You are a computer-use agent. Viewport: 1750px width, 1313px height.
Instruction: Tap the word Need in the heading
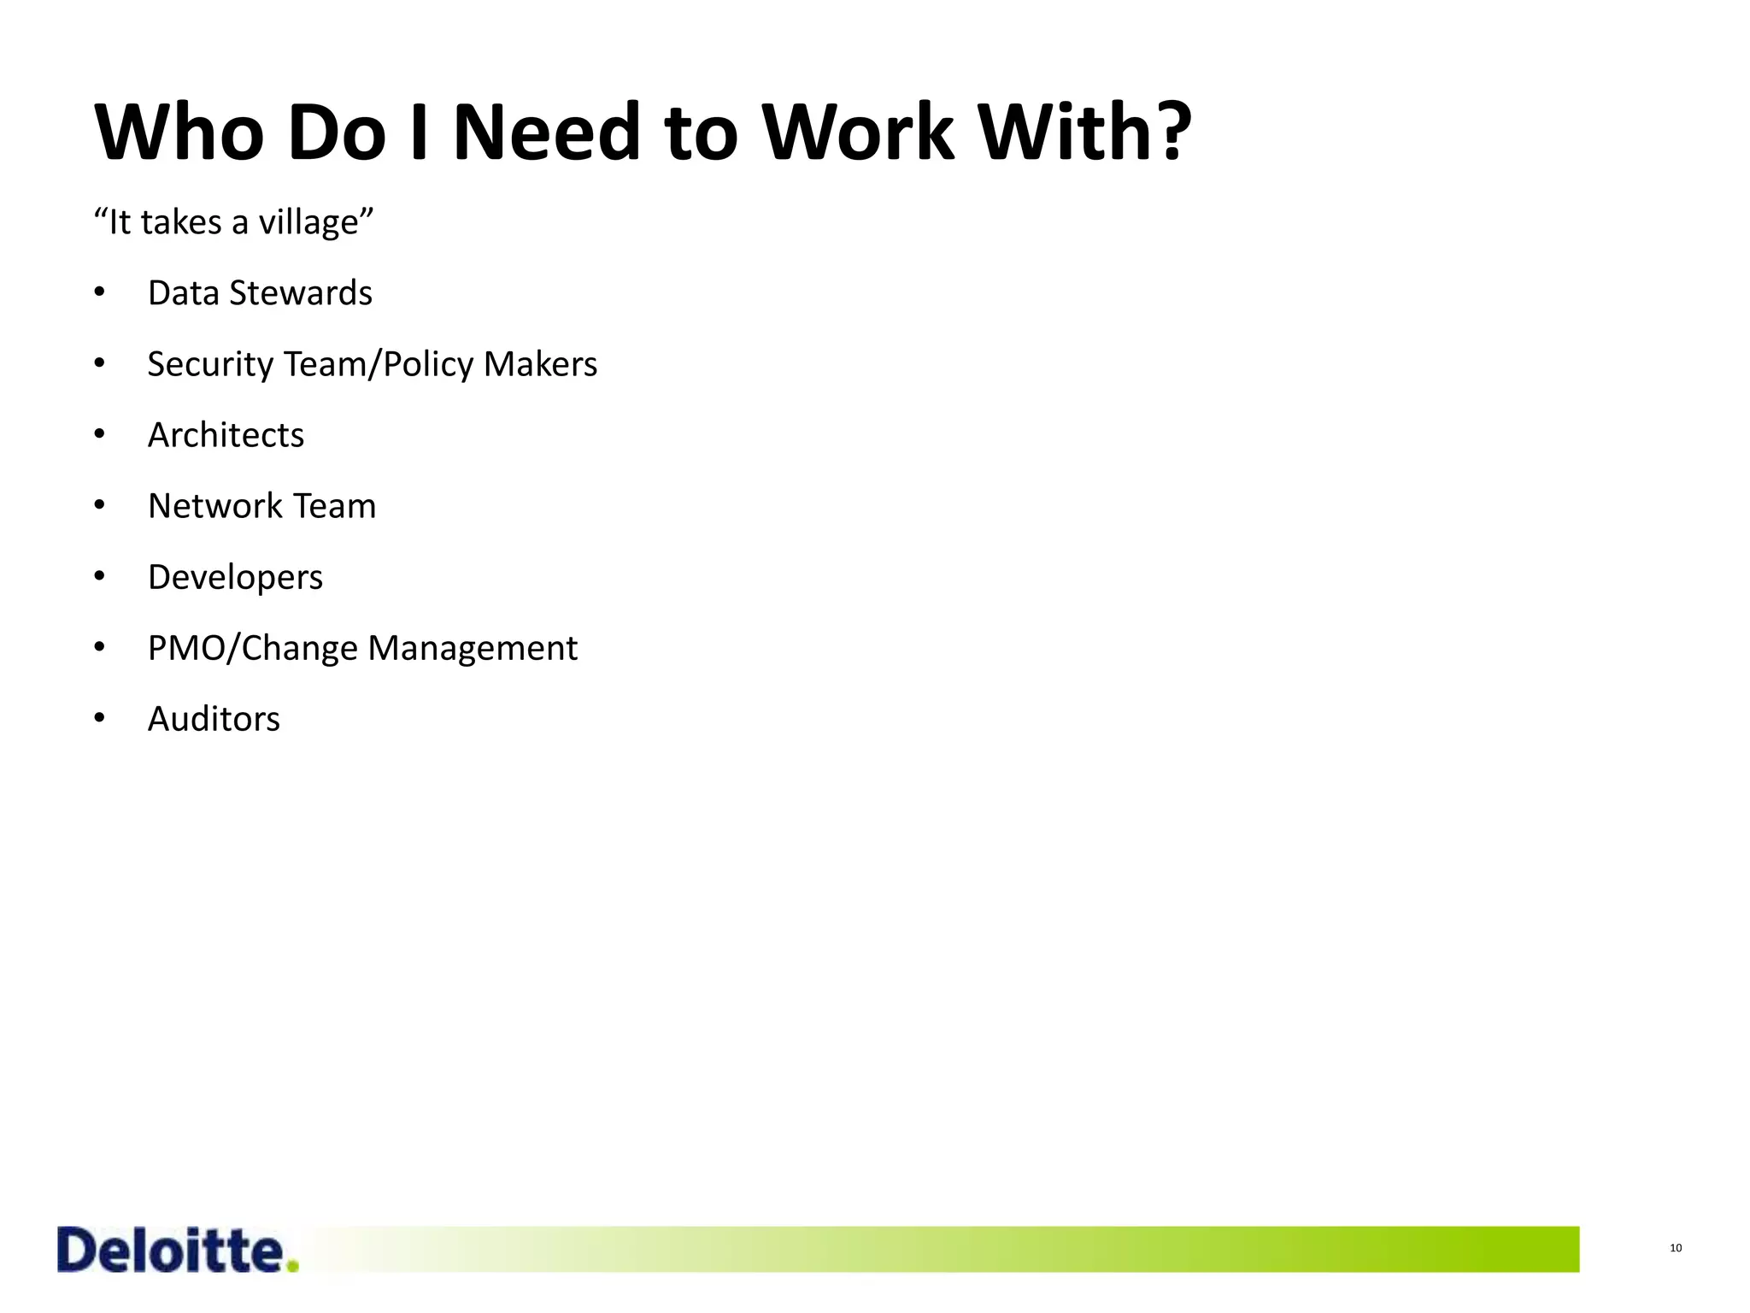pos(547,132)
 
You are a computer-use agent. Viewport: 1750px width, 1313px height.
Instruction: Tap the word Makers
pos(540,364)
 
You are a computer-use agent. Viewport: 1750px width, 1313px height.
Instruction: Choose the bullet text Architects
pos(226,435)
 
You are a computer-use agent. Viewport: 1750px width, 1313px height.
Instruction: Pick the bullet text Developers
pos(235,578)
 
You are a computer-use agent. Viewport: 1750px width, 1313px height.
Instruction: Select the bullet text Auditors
pos(214,719)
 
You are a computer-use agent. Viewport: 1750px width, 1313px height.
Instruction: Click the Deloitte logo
pos(171,1250)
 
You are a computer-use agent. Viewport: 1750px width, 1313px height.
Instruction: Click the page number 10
pos(1676,1248)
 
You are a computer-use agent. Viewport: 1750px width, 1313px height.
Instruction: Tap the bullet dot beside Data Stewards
pos(99,293)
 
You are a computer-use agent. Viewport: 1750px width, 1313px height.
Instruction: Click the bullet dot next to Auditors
pos(99,719)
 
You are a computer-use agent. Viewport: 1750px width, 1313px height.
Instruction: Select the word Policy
pos(428,365)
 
